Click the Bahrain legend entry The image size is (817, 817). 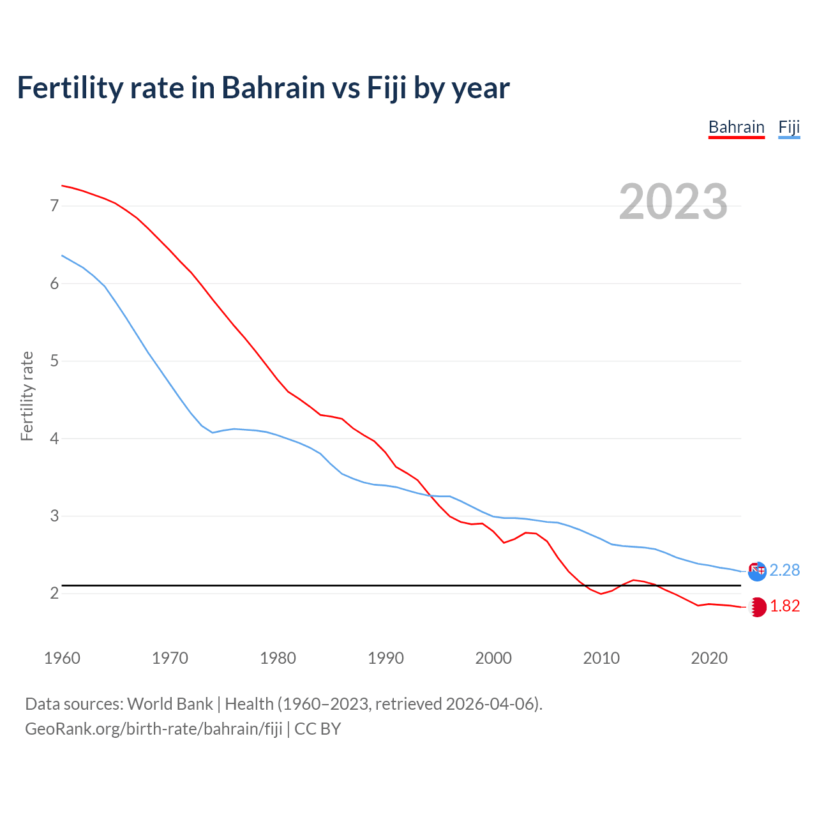736,127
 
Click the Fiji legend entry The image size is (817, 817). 789,127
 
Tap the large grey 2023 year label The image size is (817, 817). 673,202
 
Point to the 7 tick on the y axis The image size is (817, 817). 54,206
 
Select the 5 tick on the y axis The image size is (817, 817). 54,361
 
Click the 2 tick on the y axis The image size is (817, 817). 54,594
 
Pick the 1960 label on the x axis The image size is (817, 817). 62,658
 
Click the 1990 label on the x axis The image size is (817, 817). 386,658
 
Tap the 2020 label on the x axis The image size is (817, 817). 709,658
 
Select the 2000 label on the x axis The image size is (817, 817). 493,658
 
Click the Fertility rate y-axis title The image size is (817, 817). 27,396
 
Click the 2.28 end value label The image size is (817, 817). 784,570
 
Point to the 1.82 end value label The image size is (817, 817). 784,606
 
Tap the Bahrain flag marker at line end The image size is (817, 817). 757,607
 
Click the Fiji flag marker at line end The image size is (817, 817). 757,571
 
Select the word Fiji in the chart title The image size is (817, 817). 386,87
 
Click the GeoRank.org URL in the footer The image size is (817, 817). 153,728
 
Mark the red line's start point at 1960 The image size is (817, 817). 62,186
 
